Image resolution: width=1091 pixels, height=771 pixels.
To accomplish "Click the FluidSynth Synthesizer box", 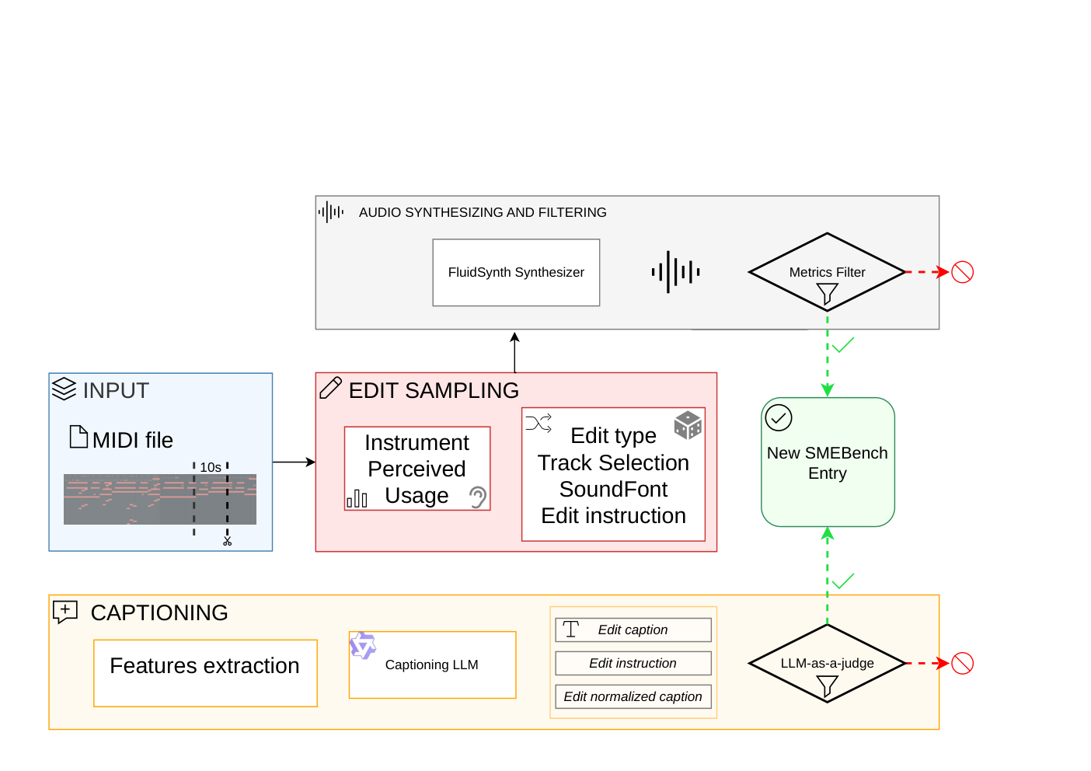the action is coord(516,272).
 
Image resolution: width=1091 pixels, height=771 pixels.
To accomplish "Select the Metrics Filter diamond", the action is coord(827,272).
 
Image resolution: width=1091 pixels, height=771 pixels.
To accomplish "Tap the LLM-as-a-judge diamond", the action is coord(827,663).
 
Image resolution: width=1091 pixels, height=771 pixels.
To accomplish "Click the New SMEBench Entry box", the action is coord(828,462).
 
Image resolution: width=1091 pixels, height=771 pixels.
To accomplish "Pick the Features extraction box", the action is coord(205,672).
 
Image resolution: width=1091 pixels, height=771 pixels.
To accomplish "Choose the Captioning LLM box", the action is coord(433,665).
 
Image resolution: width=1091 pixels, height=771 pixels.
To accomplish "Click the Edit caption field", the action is coord(633,630).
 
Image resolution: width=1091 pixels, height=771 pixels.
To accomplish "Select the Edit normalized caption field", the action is coord(633,696).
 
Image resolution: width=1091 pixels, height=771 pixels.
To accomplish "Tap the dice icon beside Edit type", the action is coord(688,425).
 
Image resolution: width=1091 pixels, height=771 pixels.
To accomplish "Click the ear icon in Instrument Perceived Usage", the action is coord(478,497).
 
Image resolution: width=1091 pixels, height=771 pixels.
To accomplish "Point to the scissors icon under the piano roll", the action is coord(227,541).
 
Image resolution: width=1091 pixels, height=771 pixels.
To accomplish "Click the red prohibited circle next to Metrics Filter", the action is coord(963,272).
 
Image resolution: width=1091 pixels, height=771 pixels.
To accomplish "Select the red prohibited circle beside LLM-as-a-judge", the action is coord(963,663).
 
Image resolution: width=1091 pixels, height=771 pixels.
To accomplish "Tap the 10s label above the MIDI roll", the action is coord(211,468).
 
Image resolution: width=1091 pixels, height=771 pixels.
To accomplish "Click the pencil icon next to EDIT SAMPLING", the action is coord(331,388).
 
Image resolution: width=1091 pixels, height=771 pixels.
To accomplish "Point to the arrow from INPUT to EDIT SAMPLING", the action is coord(295,462).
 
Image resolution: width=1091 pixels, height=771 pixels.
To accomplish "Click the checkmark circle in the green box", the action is coord(779,418).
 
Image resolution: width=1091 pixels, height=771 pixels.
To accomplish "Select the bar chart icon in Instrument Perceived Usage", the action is coord(357,499).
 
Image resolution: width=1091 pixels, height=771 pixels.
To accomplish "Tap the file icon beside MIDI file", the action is coord(78,436).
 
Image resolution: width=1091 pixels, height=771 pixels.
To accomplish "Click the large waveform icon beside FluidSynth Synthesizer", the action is coord(675,272).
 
